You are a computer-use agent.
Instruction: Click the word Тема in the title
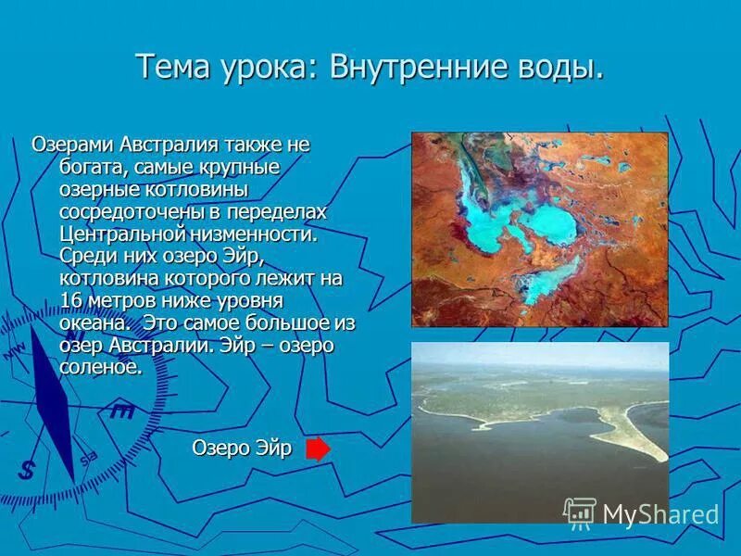coord(174,67)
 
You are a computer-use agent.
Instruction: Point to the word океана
coord(92,322)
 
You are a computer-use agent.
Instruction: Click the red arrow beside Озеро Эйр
coord(318,449)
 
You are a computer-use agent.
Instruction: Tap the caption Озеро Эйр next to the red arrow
coord(242,449)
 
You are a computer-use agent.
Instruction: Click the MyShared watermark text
coord(660,514)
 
